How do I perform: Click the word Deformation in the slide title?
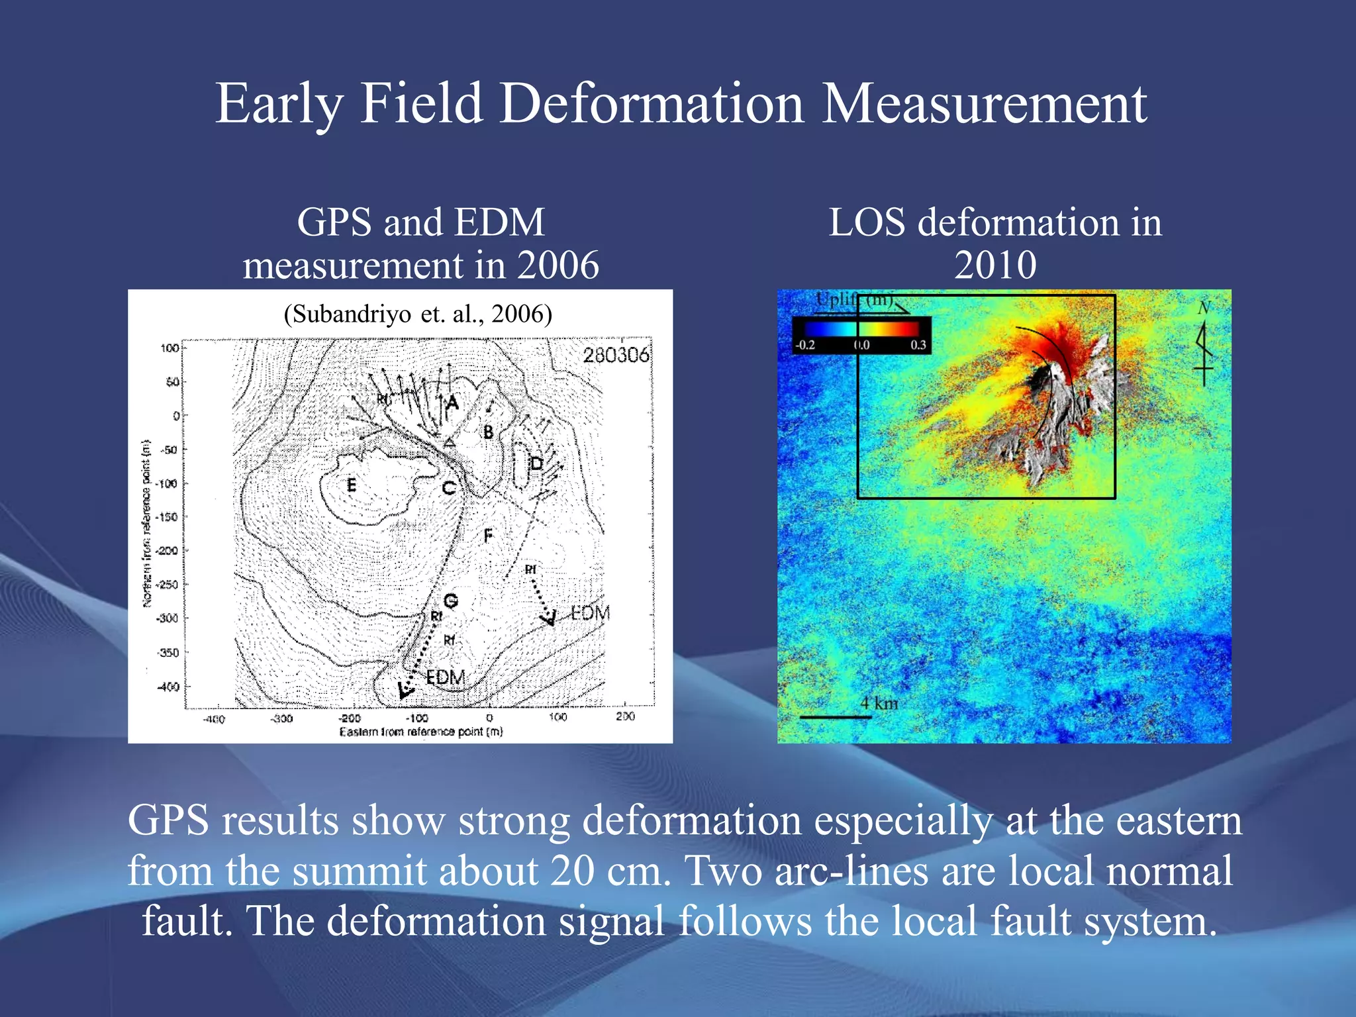point(651,105)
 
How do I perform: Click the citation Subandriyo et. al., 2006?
point(418,314)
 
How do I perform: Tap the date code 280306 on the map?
point(615,356)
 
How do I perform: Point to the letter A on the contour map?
point(452,402)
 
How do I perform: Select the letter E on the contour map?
point(352,485)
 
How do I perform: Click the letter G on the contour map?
point(450,601)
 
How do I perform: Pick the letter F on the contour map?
point(488,535)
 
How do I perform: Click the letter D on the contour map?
point(536,463)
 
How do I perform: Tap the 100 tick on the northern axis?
point(169,348)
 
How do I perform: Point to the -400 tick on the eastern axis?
point(213,719)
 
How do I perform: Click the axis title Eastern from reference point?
point(421,732)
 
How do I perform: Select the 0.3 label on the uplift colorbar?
point(918,345)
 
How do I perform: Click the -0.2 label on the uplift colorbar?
point(805,345)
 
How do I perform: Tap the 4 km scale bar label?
point(879,703)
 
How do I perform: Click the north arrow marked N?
point(1204,344)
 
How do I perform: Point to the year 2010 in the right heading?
point(995,266)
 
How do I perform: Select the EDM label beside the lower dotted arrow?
point(445,677)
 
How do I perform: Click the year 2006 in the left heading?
point(557,266)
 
